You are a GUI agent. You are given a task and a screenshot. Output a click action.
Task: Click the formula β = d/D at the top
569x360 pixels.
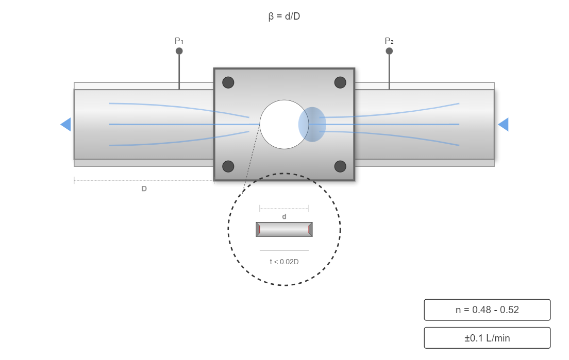tap(284, 16)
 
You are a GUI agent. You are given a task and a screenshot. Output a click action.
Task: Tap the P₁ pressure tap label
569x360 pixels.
tap(179, 41)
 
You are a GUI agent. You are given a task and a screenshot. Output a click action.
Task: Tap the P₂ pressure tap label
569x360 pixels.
tap(389, 41)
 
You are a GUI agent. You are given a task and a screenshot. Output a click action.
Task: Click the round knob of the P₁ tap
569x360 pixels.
tap(179, 51)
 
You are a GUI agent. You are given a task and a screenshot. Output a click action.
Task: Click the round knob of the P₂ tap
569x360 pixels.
tap(389, 51)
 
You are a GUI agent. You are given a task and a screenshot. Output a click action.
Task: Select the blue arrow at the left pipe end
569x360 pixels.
tap(66, 125)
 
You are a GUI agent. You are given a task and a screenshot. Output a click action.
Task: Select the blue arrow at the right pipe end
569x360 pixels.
tap(503, 125)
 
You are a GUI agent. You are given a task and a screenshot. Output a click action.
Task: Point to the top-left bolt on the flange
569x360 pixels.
tap(228, 82)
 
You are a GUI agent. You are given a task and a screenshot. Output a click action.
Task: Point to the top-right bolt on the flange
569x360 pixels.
tap(340, 82)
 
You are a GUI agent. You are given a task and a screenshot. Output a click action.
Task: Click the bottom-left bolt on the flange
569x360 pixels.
tap(228, 166)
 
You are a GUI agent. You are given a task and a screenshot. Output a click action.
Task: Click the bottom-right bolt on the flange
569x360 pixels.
tap(340, 166)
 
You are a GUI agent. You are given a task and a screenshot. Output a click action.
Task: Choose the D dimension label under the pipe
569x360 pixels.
tap(144, 189)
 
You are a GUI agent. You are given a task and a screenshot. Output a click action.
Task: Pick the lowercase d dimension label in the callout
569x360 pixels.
tap(284, 217)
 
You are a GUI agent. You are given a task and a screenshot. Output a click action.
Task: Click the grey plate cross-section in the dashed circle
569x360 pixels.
tap(284, 229)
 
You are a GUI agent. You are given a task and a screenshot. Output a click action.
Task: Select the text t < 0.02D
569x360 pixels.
tap(284, 262)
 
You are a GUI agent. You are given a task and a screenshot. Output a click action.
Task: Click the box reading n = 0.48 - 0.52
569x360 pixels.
tap(487, 310)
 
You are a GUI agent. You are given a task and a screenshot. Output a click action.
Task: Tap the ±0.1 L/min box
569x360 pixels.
tap(487, 338)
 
